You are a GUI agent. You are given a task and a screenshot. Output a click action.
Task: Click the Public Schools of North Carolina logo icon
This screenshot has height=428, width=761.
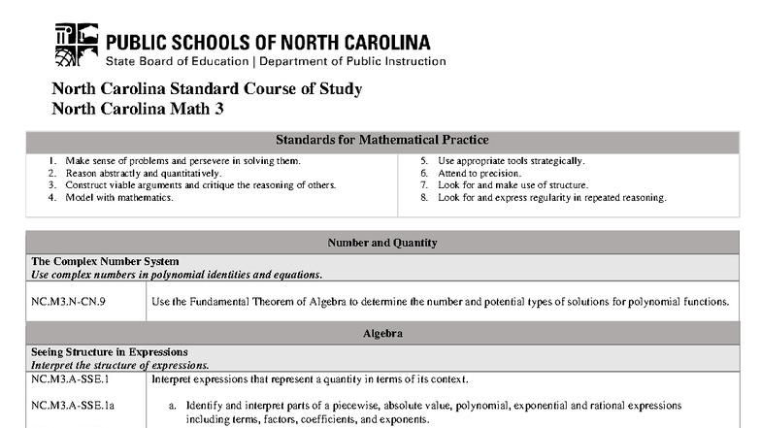[76, 45]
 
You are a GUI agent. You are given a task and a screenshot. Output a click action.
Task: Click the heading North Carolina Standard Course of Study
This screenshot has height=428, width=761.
[207, 89]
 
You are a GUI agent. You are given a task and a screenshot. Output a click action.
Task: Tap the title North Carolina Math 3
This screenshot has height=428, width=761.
[138, 109]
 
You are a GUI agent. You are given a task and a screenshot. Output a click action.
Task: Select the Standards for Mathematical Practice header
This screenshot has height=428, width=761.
[381, 140]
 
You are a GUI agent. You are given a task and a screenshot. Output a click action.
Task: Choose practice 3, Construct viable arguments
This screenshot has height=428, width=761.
[201, 184]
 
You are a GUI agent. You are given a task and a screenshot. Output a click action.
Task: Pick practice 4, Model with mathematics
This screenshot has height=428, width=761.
[119, 197]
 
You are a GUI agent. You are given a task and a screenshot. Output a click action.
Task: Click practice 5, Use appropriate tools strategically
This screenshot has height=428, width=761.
[511, 160]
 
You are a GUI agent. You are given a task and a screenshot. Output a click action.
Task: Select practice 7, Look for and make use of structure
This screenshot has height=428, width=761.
[513, 184]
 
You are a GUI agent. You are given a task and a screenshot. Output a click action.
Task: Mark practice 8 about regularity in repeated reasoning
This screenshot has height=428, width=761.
[551, 197]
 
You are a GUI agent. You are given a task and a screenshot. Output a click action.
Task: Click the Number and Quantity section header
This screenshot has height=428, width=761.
[381, 242]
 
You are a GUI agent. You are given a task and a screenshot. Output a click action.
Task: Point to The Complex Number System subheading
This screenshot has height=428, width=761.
[105, 261]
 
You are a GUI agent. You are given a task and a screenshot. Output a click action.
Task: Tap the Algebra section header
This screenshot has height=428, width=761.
[381, 333]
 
